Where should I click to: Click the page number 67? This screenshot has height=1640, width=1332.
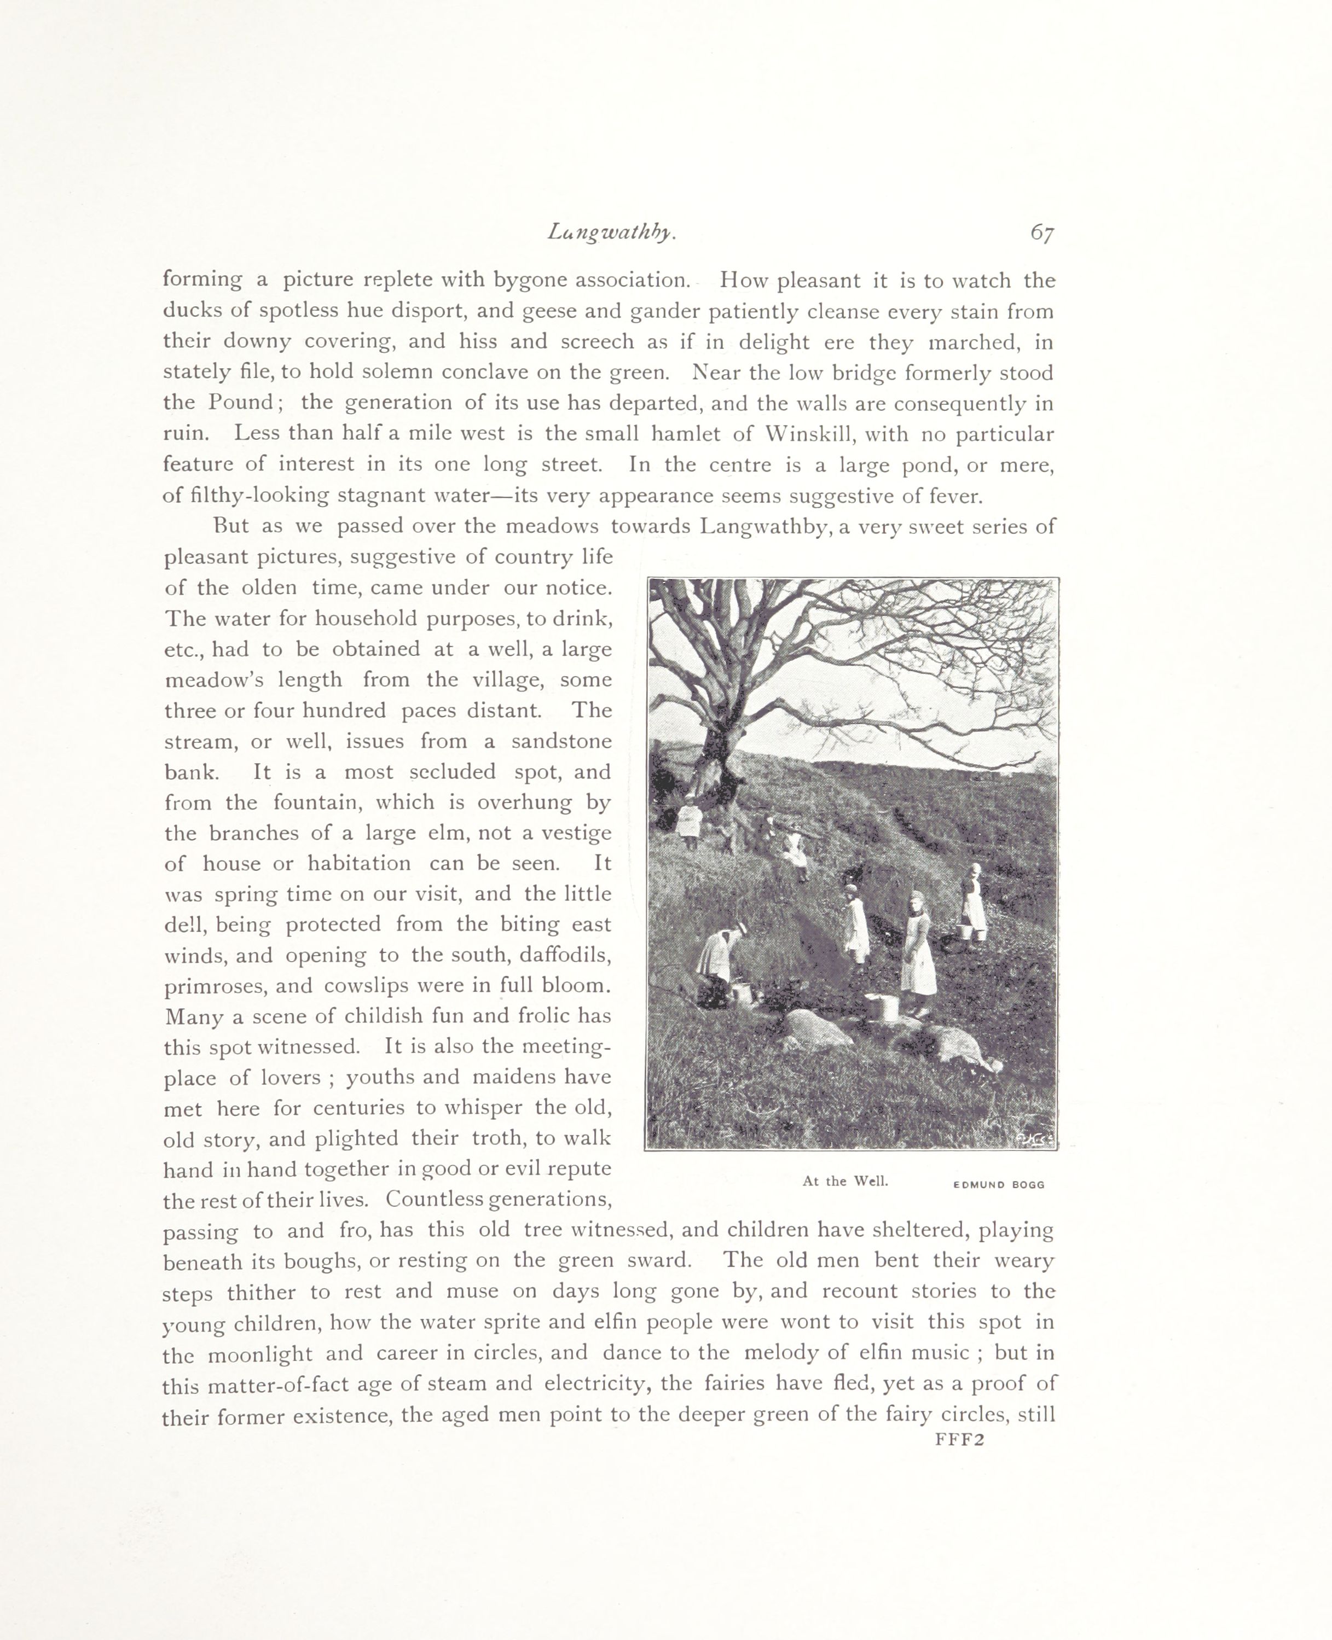coord(1042,233)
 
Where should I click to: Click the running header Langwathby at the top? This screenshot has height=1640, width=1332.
coord(611,232)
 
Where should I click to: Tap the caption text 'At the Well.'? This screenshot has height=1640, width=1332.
coord(845,1181)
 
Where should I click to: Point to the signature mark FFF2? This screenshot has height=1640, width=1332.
coord(959,1440)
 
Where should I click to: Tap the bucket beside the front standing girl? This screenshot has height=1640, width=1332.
coord(882,1007)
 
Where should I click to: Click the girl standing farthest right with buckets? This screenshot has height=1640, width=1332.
coord(973,902)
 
